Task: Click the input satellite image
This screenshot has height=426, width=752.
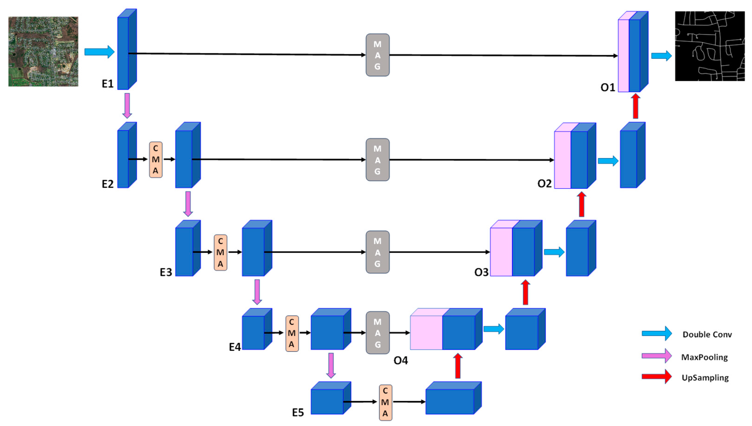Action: pos(43,51)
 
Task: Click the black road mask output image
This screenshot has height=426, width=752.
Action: pos(710,46)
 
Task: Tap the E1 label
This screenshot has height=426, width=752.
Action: pos(107,84)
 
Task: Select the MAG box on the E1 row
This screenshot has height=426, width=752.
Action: pos(378,55)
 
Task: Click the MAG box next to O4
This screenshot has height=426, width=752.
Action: pos(378,333)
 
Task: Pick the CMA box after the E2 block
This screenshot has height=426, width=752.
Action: pos(156,160)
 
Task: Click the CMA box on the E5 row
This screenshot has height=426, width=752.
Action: pos(385,402)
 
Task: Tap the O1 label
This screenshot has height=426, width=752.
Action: pos(608,87)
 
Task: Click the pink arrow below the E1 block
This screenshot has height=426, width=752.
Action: pos(127,106)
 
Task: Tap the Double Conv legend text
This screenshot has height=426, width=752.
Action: pos(707,334)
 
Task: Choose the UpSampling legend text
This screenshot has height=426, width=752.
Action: pos(705,378)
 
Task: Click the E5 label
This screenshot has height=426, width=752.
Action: pos(298,413)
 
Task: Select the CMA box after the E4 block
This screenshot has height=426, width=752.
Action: pos(292,333)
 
